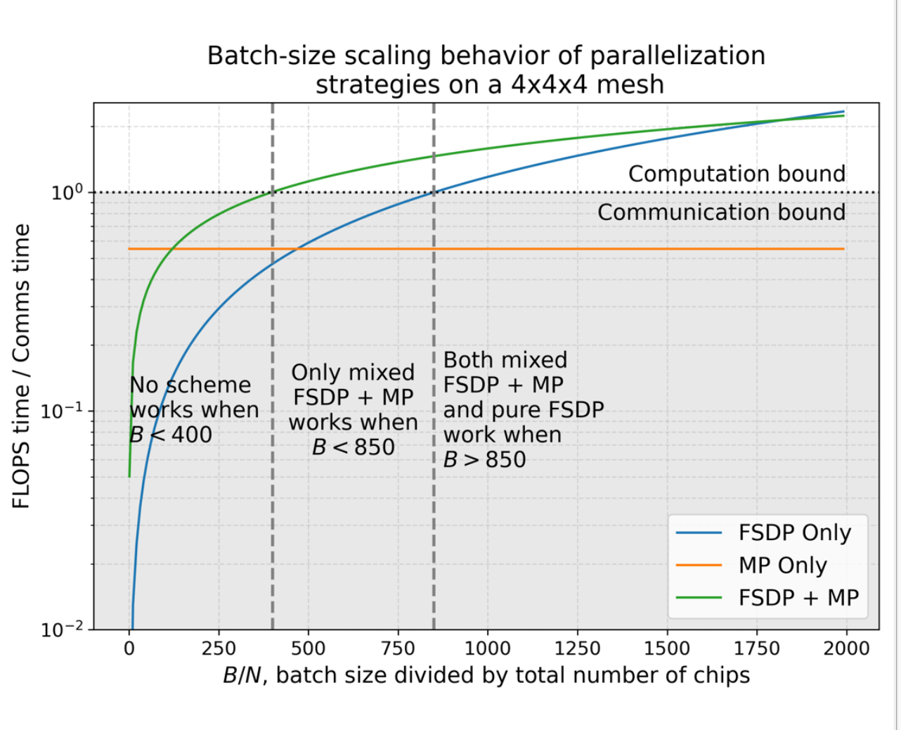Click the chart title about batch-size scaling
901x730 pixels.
pyautogui.click(x=486, y=70)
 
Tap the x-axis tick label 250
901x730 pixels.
pyautogui.click(x=219, y=648)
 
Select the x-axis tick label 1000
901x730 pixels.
pyautogui.click(x=487, y=648)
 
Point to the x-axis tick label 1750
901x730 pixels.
pyautogui.click(x=756, y=648)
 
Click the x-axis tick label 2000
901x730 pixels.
pyautogui.click(x=845, y=648)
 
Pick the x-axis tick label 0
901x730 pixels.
pyautogui.click(x=129, y=648)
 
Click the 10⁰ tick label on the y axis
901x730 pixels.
pyautogui.click(x=67, y=191)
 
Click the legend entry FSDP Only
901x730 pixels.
pyautogui.click(x=794, y=533)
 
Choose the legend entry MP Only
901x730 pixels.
pyautogui.click(x=782, y=565)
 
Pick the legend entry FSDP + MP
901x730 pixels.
pyautogui.click(x=798, y=598)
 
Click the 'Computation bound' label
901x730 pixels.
pyautogui.click(x=737, y=174)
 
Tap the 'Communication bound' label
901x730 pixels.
pyautogui.click(x=721, y=212)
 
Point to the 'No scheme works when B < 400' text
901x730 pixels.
pyautogui.click(x=194, y=410)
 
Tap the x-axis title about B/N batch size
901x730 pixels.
pyautogui.click(x=486, y=676)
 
